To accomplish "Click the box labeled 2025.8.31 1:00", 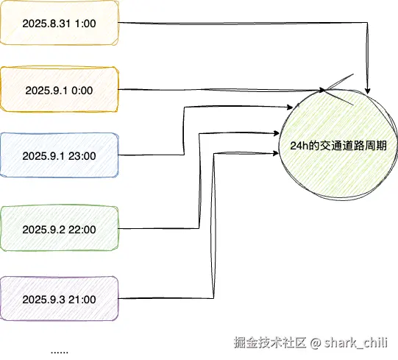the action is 60,23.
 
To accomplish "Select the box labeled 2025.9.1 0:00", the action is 60,89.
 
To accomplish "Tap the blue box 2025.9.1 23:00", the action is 60,155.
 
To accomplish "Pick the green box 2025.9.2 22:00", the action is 60,228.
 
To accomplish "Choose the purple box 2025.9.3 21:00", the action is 60,298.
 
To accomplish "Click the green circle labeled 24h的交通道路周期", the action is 338,145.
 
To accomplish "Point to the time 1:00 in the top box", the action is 85,24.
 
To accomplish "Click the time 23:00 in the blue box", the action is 82,156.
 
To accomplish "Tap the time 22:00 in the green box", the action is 82,230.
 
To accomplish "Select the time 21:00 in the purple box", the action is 82,300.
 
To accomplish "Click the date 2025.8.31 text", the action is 46,24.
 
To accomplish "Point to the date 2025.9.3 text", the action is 43,300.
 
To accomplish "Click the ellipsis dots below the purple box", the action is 60,352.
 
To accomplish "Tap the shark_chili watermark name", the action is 355,343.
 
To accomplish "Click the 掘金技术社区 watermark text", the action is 270,342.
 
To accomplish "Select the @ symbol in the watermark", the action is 316,343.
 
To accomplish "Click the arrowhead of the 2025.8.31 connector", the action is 367,91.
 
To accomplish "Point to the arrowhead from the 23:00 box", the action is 290,107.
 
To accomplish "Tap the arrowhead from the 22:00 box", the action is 277,133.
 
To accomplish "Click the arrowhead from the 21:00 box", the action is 276,153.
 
